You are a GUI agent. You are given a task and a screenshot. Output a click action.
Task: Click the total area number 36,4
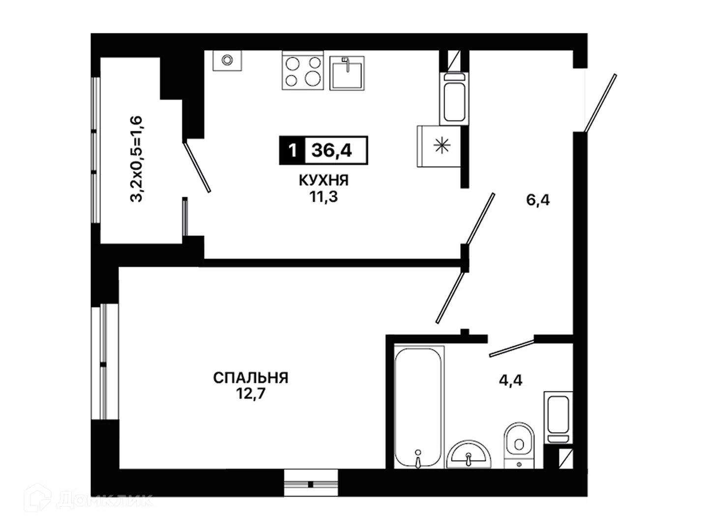(x=331, y=150)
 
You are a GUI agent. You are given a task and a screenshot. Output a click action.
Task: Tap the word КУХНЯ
(x=324, y=180)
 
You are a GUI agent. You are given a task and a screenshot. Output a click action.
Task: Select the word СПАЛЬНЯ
(x=251, y=378)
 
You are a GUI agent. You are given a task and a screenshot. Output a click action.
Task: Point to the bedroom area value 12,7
(x=251, y=394)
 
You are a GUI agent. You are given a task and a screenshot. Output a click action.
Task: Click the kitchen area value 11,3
(x=324, y=197)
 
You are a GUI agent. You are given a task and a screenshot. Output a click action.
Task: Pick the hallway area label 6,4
(x=538, y=200)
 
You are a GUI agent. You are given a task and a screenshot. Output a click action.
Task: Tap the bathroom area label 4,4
(x=511, y=381)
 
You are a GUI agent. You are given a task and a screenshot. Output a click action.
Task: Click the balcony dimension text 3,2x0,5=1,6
(x=136, y=159)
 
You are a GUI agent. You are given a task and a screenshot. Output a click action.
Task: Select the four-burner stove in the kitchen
(x=302, y=70)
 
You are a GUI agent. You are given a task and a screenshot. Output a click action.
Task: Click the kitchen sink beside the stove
(x=347, y=73)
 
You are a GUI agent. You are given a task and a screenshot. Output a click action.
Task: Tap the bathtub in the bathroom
(x=418, y=407)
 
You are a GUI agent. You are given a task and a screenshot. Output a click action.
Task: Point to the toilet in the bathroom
(x=519, y=445)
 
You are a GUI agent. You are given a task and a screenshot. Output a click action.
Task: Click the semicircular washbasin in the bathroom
(x=469, y=455)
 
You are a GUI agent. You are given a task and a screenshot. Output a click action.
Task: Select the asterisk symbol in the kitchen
(x=442, y=146)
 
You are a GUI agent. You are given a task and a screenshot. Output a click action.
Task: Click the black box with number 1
(x=292, y=150)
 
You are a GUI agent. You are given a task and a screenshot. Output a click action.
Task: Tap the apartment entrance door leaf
(x=601, y=103)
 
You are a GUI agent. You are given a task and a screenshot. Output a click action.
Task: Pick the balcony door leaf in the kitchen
(x=197, y=167)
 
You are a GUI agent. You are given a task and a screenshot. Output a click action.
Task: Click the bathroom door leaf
(x=512, y=349)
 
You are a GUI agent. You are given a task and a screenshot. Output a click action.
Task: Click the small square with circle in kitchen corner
(x=227, y=60)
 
